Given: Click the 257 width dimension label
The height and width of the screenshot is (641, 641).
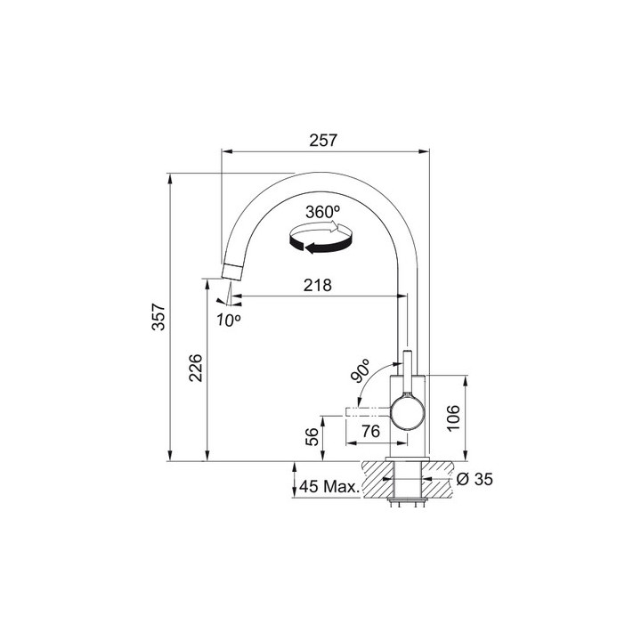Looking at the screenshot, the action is coord(323,141).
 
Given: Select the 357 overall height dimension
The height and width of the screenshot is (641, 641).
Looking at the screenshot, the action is coord(158,316).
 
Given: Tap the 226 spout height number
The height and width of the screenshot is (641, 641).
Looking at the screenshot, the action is coord(196,368).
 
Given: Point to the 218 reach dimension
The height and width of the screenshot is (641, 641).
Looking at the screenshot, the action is coord(318,285).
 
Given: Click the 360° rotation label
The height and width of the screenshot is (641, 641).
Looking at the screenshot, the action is coord(322,212).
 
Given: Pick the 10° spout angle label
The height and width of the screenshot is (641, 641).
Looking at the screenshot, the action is coord(229,320).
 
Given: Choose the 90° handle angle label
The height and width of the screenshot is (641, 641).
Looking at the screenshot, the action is coord(360,370).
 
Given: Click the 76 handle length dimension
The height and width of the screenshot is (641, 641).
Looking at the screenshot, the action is coord(370,431).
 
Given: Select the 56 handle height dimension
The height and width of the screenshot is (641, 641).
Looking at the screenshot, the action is coord(312,436).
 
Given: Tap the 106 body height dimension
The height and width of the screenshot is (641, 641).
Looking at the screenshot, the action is coord(453,418).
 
